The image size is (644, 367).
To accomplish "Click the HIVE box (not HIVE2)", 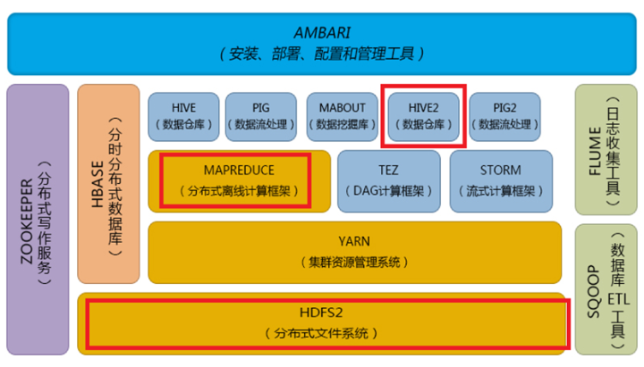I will pyautogui.click(x=182, y=116).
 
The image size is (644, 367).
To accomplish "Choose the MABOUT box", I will pyautogui.click(x=340, y=116).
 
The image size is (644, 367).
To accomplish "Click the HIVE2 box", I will pyautogui.click(x=423, y=116).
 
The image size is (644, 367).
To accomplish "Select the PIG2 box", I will pyautogui.click(x=504, y=116).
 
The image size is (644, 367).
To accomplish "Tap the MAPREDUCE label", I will pyautogui.click(x=238, y=169).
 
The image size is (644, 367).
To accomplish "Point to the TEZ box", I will pyautogui.click(x=388, y=179).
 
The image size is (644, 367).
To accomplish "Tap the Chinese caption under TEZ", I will pyautogui.click(x=388, y=191).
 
